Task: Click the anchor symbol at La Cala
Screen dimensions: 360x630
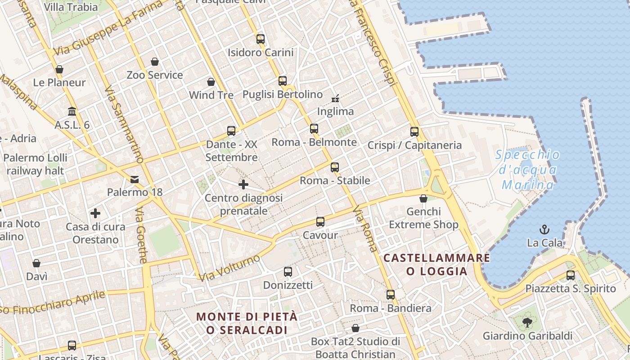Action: [544, 229]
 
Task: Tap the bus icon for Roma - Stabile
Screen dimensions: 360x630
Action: [335, 167]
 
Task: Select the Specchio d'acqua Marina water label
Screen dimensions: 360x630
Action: [528, 170]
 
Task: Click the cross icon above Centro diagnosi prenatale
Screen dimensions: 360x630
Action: [243, 184]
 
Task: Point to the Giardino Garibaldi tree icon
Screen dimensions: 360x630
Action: [527, 322]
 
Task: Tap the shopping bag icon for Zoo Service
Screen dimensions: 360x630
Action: [155, 61]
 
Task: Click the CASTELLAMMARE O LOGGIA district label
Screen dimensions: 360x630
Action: [436, 264]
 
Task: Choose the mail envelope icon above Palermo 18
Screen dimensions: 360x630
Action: [135, 180]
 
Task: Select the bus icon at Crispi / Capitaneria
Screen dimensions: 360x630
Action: [414, 132]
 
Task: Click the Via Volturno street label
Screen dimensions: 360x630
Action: [230, 268]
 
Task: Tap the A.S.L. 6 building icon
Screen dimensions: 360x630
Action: [72, 111]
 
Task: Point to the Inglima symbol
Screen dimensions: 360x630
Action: [335, 98]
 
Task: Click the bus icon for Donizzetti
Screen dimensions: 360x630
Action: [288, 272]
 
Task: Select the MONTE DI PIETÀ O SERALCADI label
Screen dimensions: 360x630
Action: [247, 323]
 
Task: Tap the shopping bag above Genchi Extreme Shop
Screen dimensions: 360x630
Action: [423, 198]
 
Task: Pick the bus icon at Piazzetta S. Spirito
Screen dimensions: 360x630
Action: [571, 275]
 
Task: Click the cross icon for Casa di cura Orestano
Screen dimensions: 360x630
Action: [95, 213]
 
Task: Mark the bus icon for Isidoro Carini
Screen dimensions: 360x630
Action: [261, 39]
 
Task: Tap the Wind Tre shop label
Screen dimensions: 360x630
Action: [211, 95]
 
